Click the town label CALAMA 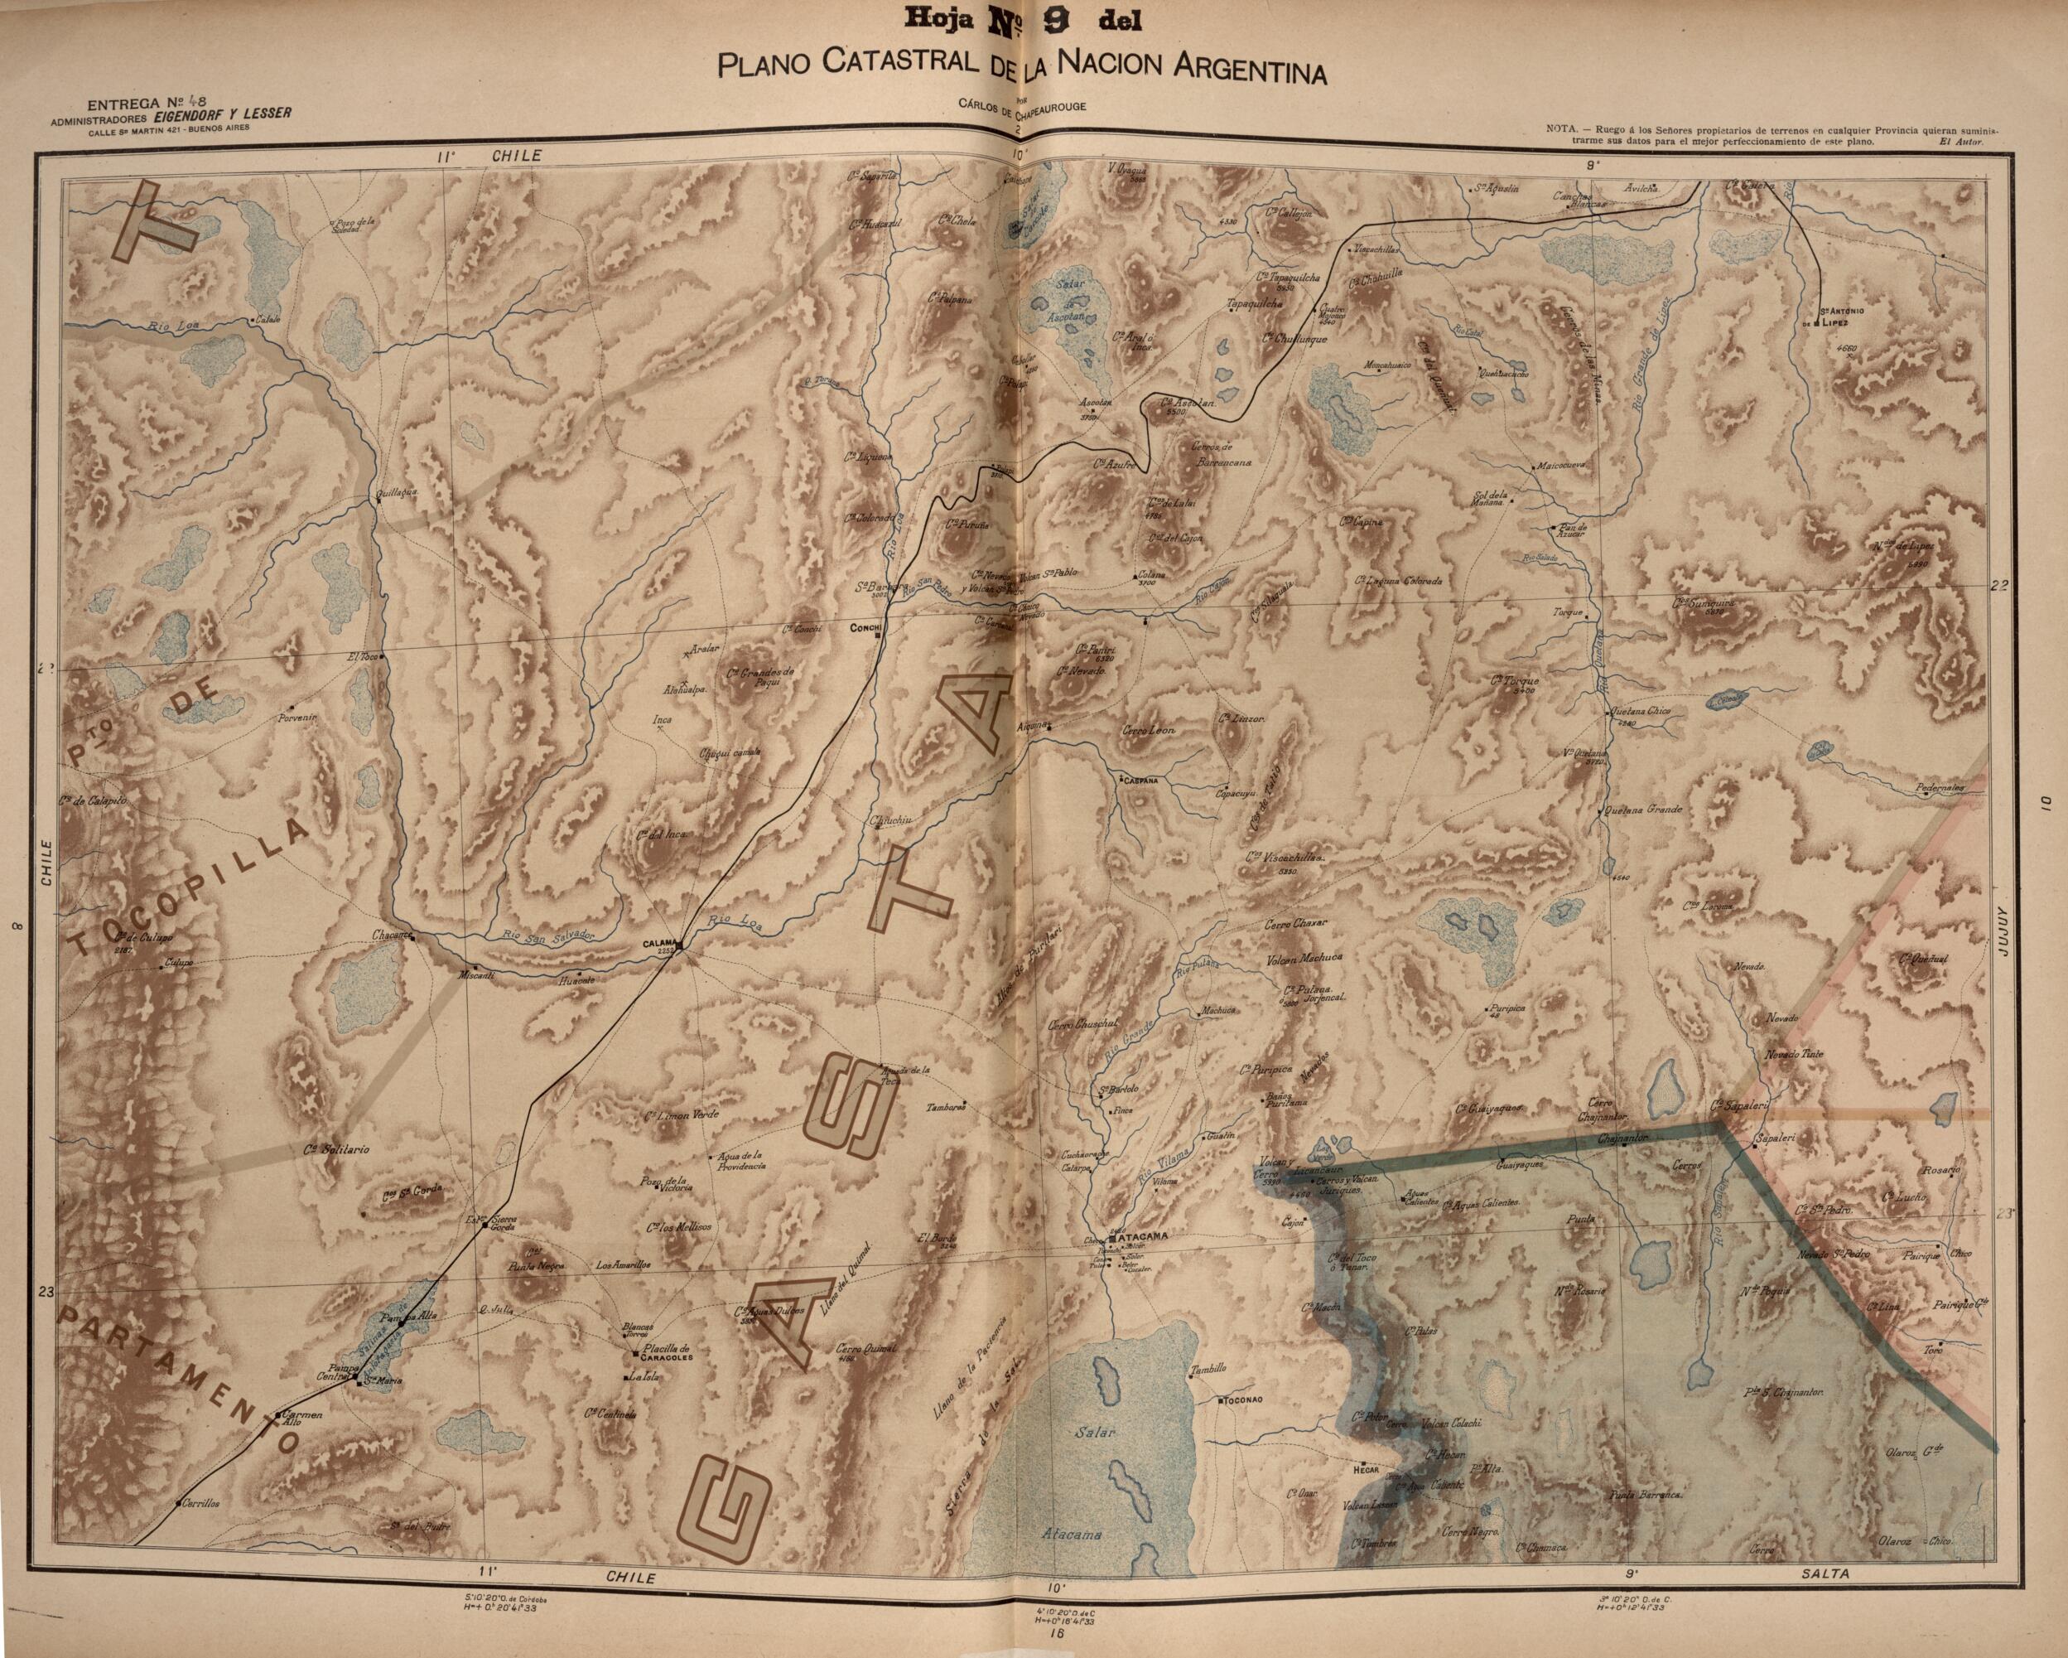pos(660,943)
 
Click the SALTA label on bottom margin pos(1827,1574)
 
